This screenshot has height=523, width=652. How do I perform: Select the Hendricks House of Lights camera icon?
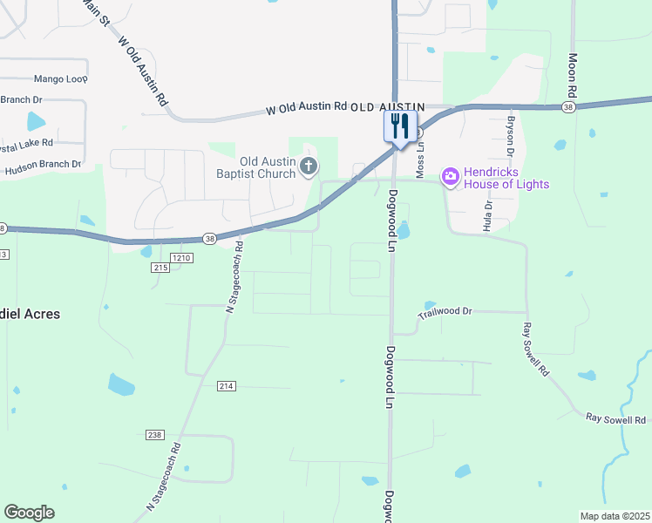pyautogui.click(x=450, y=177)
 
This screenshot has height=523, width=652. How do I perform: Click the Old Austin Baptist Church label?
pyautogui.click(x=255, y=167)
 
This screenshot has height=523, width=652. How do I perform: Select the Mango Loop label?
pyautogui.click(x=61, y=78)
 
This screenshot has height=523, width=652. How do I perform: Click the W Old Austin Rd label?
pyautogui.click(x=306, y=107)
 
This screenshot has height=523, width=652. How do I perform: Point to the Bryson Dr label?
pyautogui.click(x=512, y=130)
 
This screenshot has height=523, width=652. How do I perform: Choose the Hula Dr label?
pyautogui.click(x=488, y=215)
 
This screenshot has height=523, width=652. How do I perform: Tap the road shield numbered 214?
pyautogui.click(x=227, y=385)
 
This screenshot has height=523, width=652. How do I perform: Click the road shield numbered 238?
pyautogui.click(x=155, y=434)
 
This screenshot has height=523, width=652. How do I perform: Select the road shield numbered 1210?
pyautogui.click(x=181, y=258)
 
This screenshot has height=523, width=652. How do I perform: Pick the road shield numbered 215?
pyautogui.click(x=160, y=268)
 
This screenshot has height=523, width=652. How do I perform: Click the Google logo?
pyautogui.click(x=29, y=513)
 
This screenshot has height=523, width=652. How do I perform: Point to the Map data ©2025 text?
pyautogui.click(x=615, y=516)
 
